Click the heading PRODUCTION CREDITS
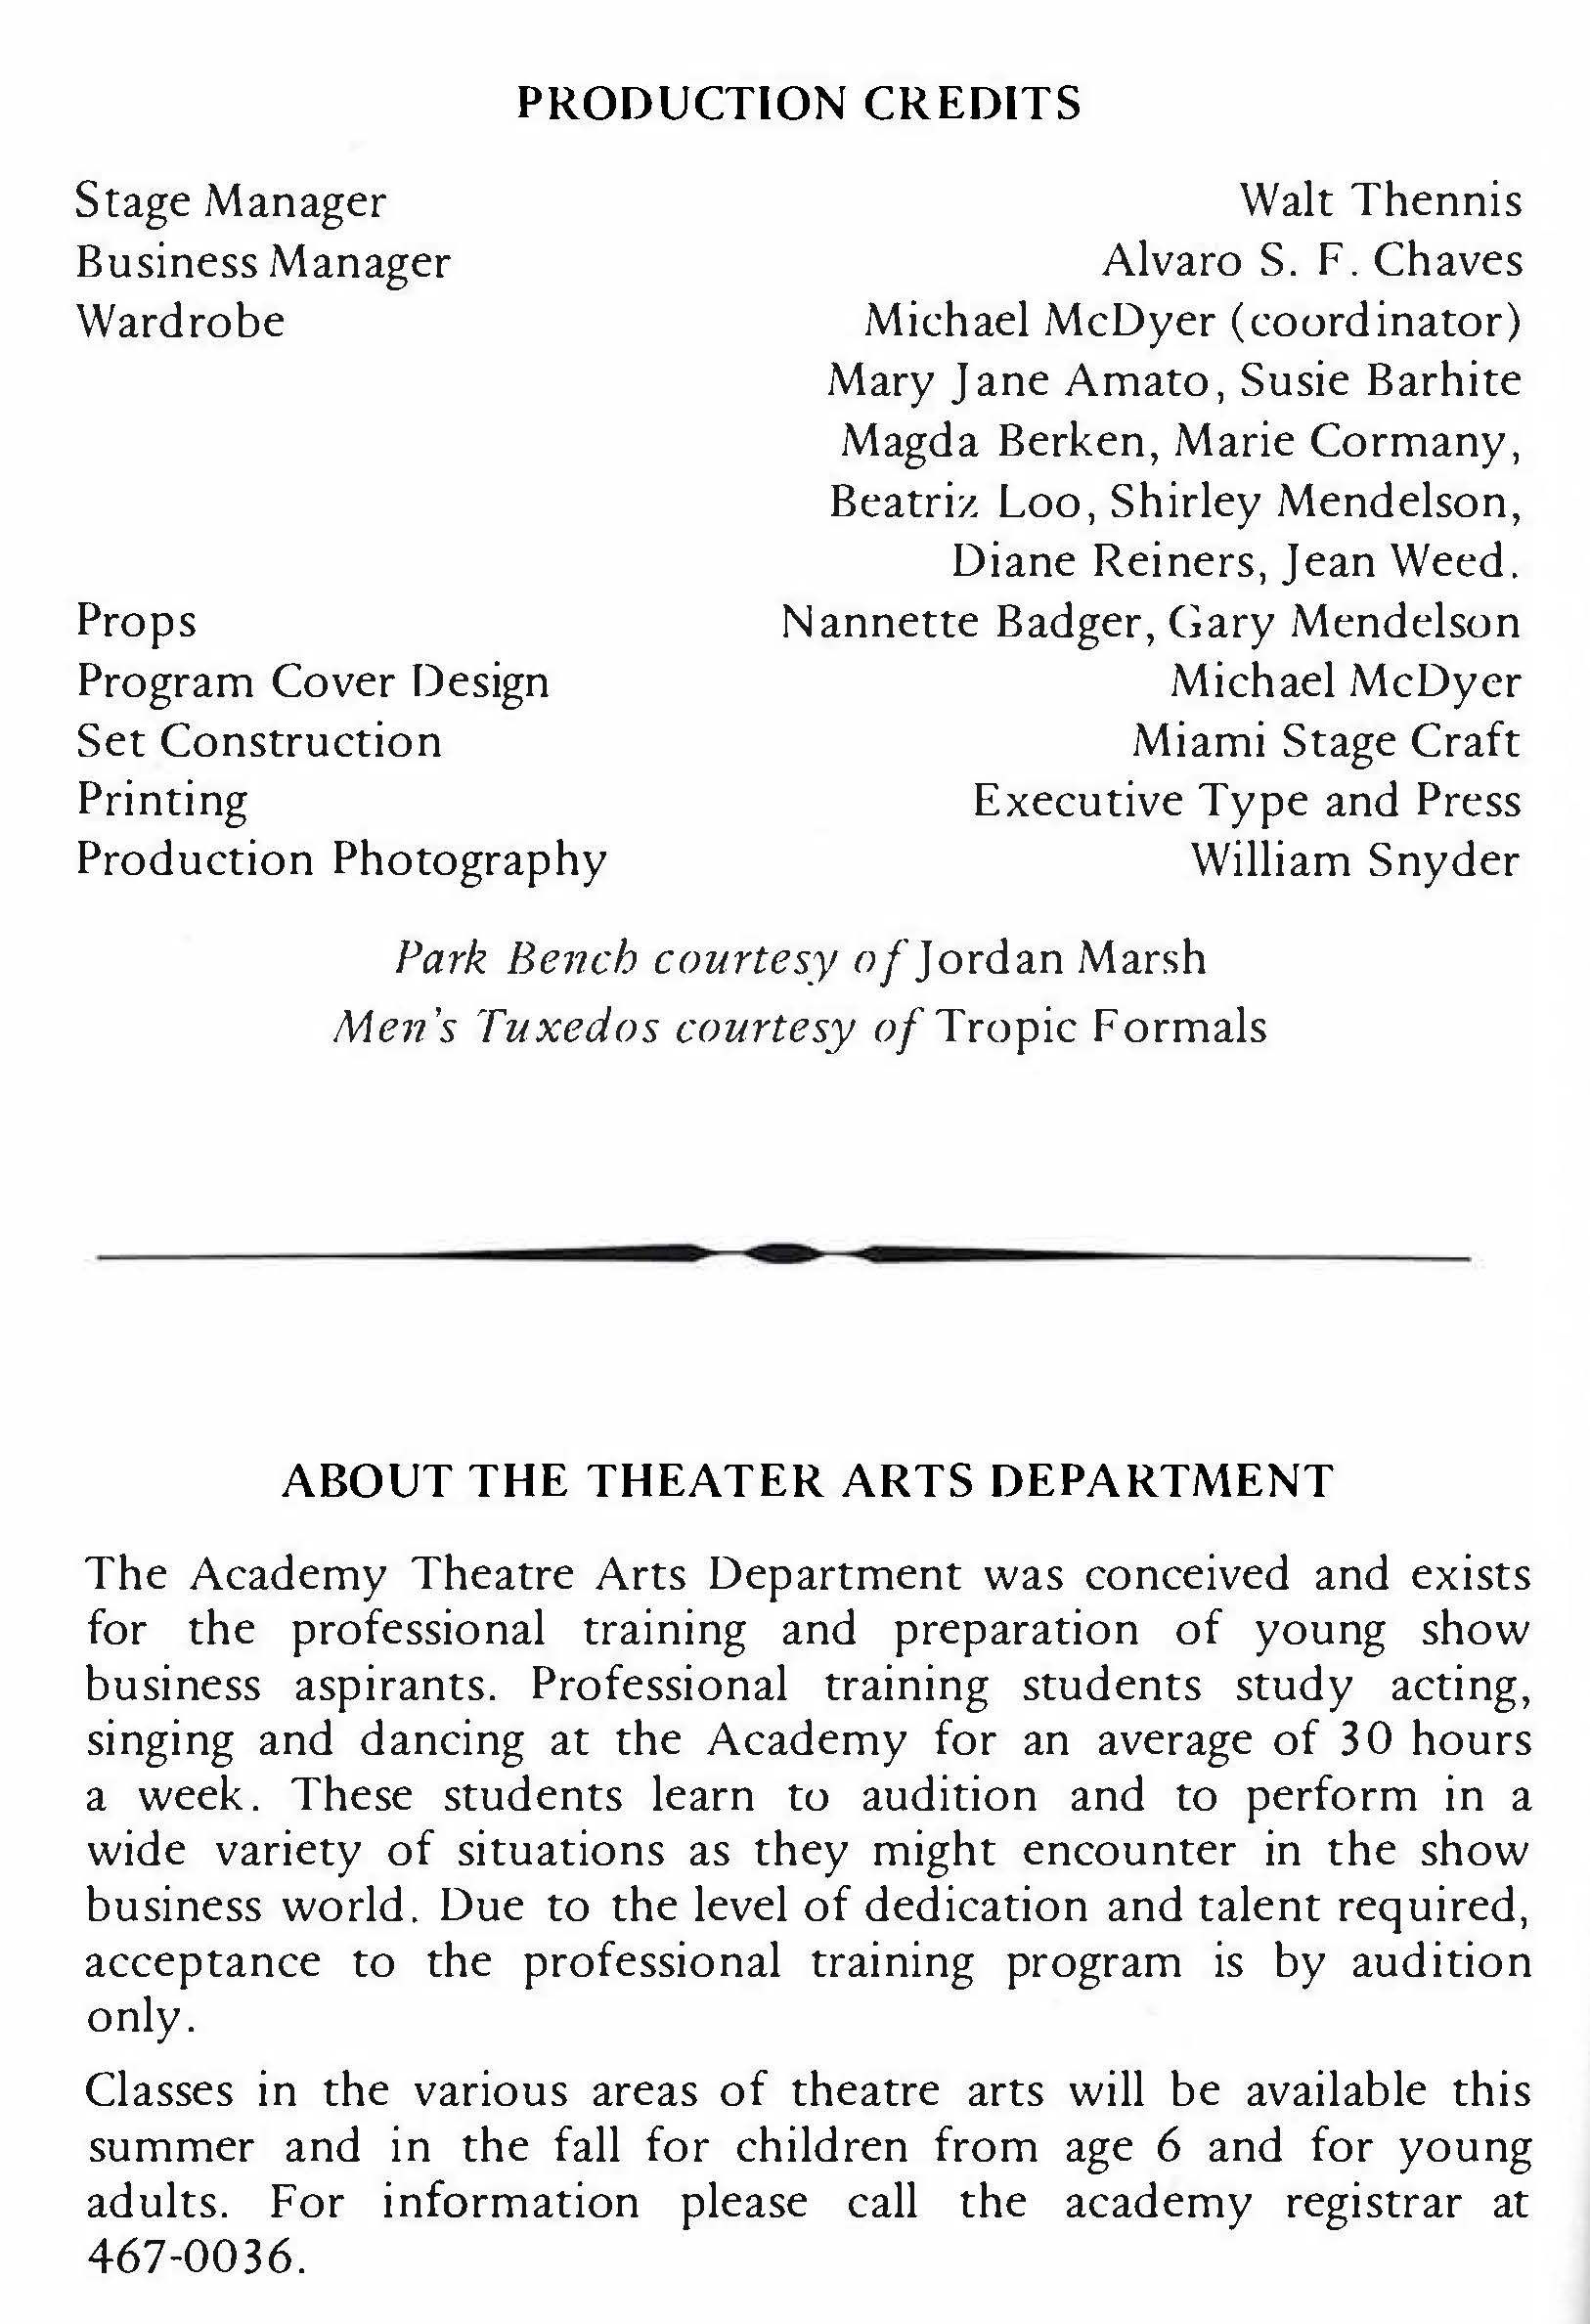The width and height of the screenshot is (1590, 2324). coord(798,104)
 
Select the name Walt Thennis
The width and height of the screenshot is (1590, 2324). coord(1380,201)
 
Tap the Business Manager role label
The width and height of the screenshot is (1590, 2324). coord(263,262)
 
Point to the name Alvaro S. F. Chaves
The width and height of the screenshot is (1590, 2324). coord(1312,261)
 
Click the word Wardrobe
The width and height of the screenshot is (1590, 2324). coord(180,321)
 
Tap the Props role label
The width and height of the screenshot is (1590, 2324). coord(136,621)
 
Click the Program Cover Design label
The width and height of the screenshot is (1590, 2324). coord(312,681)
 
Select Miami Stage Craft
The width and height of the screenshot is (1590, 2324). coord(1325,741)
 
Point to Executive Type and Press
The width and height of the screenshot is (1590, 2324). coord(1246,800)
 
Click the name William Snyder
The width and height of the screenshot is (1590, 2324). coord(1355,860)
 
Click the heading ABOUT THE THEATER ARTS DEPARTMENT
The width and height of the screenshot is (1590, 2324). coord(807,1481)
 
